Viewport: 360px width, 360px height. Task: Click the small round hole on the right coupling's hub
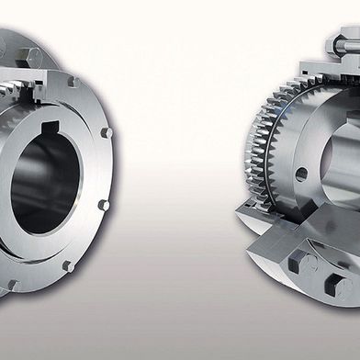pos(300,173)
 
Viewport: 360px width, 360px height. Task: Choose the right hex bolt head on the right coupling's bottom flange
pos(342,287)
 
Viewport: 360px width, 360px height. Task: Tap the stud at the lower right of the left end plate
pos(103,205)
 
